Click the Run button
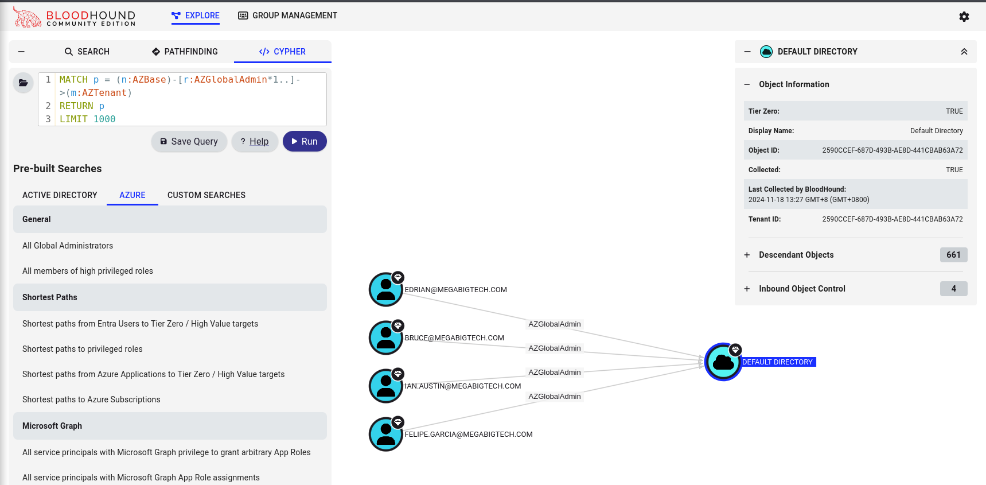(305, 141)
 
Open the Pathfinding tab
(185, 52)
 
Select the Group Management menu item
(287, 15)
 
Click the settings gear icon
(964, 17)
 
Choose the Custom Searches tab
(206, 195)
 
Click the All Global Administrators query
(68, 246)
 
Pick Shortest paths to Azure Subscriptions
(91, 399)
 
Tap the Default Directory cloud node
(723, 362)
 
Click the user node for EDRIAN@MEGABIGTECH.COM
(386, 289)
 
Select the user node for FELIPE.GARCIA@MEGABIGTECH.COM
(386, 434)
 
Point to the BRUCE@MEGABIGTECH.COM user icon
(386, 337)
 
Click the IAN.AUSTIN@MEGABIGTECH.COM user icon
(386, 386)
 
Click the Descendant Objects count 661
(953, 255)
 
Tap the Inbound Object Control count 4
(953, 289)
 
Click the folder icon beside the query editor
(23, 83)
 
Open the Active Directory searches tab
(60, 195)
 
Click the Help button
(255, 141)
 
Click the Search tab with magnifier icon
(87, 52)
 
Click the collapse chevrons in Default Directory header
(964, 52)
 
